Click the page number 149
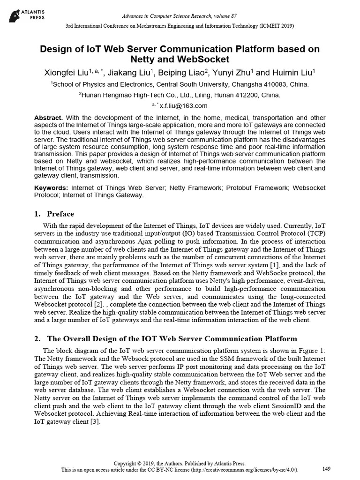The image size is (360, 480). coord(327,469)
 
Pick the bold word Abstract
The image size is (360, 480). coord(49,117)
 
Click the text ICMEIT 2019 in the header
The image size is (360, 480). coord(277,26)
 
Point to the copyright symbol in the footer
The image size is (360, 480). coord(143,463)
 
